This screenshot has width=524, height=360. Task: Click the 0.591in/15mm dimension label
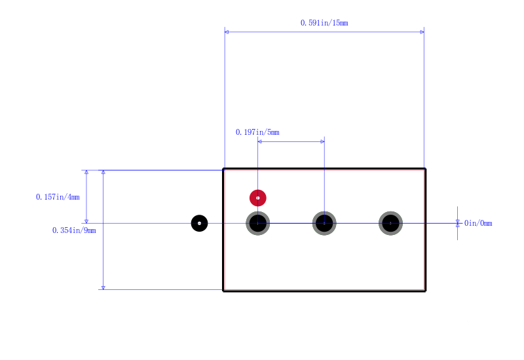[x=324, y=23]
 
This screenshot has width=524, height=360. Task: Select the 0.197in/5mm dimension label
[x=257, y=132]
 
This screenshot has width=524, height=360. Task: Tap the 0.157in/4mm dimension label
[x=58, y=197]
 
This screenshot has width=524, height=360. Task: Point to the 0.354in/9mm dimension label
[x=74, y=230]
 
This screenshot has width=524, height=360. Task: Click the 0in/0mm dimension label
[x=478, y=223]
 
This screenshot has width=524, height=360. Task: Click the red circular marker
[x=257, y=198]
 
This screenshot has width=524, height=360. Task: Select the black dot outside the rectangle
[x=200, y=223]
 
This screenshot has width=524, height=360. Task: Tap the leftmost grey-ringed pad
[x=257, y=223]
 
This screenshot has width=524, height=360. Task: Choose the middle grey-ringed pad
[x=324, y=223]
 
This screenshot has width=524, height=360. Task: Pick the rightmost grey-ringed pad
[x=390, y=223]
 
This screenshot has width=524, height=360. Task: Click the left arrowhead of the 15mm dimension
[x=227, y=32]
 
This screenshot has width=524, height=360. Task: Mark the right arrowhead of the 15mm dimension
[x=422, y=32]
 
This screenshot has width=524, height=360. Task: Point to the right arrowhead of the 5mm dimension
[x=322, y=141]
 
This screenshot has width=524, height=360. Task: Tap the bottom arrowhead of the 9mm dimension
[x=103, y=287]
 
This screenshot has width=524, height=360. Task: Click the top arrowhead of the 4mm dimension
[x=86, y=172]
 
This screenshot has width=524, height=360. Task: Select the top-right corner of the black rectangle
[x=425, y=169]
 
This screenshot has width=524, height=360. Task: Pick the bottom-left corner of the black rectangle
[x=223, y=291]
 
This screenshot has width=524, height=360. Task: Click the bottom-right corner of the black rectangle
[x=425, y=291]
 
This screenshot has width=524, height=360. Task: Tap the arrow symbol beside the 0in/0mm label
[x=457, y=223]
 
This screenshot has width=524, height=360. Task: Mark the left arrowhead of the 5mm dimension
[x=259, y=141]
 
